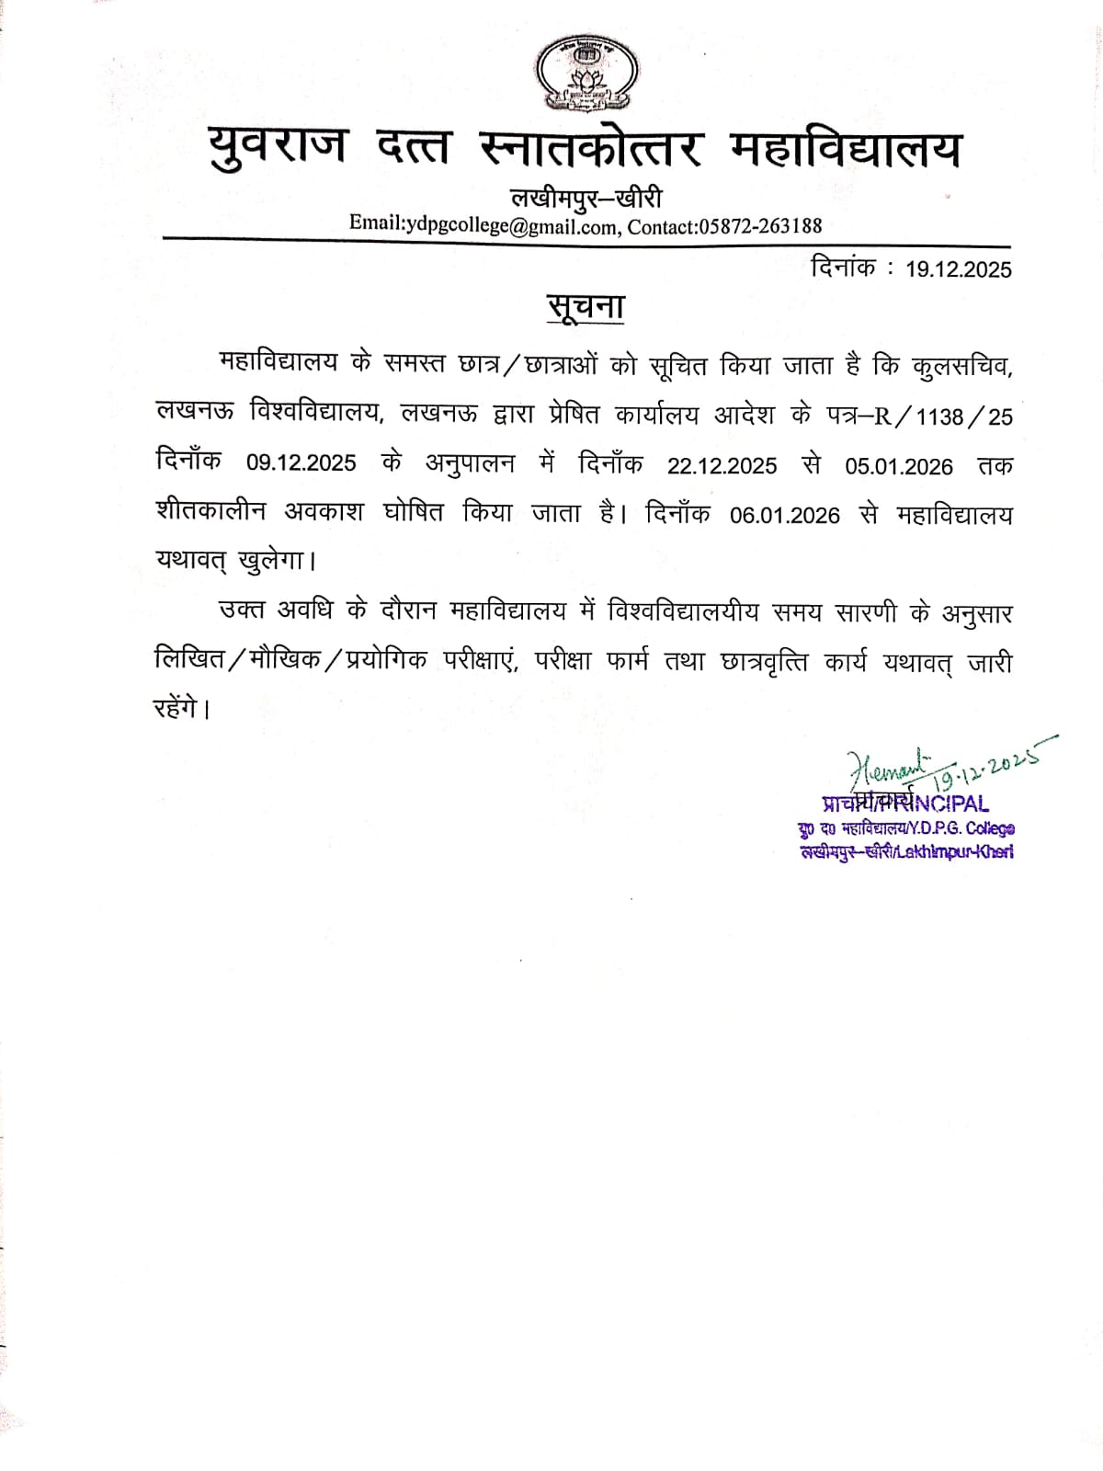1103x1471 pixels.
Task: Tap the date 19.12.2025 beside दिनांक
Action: (958, 269)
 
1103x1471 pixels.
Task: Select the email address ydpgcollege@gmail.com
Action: (510, 225)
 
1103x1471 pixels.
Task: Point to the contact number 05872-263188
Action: (760, 225)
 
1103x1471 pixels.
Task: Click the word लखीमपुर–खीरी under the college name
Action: (586, 198)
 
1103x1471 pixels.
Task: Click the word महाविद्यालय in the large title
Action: (845, 147)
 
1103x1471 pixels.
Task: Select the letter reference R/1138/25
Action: (942, 416)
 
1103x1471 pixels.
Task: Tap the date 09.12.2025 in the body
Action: (301, 462)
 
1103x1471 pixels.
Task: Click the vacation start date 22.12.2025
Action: (722, 465)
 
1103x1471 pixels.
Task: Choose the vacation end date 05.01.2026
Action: (899, 466)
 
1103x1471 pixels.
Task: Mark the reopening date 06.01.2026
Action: (784, 515)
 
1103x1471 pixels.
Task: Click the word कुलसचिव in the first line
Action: (961, 365)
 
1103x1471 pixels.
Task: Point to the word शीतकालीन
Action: (210, 511)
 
